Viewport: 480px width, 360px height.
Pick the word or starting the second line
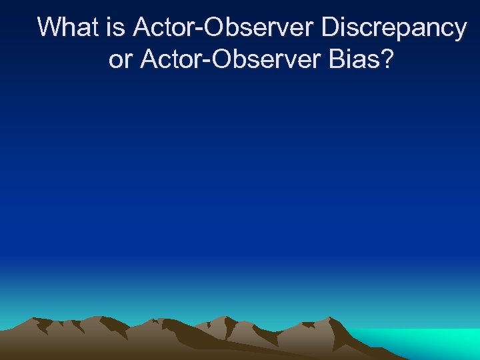120,61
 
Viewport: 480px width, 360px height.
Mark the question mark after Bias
387,60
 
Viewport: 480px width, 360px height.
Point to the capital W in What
49,28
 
